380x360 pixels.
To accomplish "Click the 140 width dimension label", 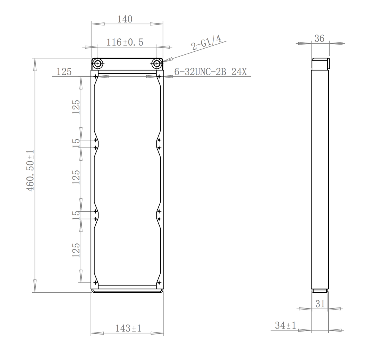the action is pyautogui.click(x=125, y=19).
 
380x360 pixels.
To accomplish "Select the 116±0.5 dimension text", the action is pyautogui.click(x=125, y=43).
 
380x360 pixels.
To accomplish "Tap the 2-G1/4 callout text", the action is pyautogui.click(x=206, y=43).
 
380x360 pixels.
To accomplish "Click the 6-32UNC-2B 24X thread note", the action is pyautogui.click(x=211, y=72).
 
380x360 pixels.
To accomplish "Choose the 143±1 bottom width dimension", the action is pyautogui.click(x=128, y=328).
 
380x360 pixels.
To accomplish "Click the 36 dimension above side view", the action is pyautogui.click(x=319, y=38).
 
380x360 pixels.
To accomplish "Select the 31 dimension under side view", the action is pyautogui.click(x=320, y=304).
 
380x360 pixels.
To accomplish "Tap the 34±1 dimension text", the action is pyautogui.click(x=285, y=325).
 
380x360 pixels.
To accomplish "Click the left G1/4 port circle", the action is pyautogui.click(x=98, y=64).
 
